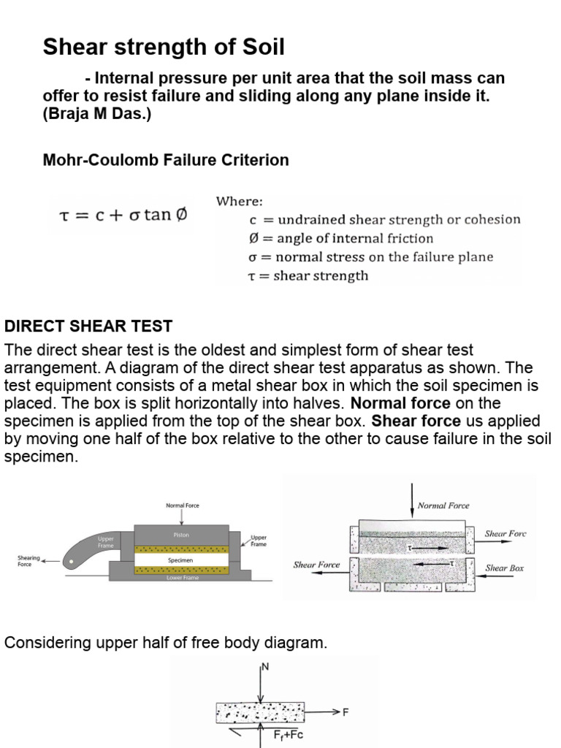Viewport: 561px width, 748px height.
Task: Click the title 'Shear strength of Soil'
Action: pyautogui.click(x=164, y=48)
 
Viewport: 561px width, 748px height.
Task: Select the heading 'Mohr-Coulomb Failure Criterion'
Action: pyautogui.click(x=166, y=160)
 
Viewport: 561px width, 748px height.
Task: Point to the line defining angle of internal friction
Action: pyautogui.click(x=340, y=238)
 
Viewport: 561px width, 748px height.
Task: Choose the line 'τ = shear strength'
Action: pyautogui.click(x=308, y=276)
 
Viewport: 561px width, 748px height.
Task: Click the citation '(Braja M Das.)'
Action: pyautogui.click(x=97, y=115)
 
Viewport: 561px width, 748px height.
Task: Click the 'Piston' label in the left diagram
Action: pyautogui.click(x=181, y=535)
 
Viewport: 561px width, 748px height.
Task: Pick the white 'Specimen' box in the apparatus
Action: pyautogui.click(x=181, y=560)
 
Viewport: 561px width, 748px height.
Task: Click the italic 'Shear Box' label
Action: pyautogui.click(x=505, y=568)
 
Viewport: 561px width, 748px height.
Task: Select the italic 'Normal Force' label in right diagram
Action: pyautogui.click(x=443, y=505)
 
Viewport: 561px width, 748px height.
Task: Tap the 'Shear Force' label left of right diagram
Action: pyautogui.click(x=316, y=565)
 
